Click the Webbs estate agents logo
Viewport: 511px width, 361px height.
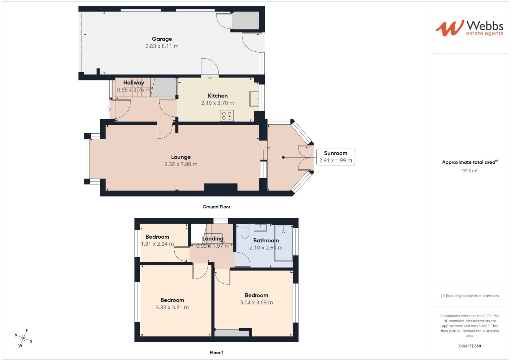[469, 28]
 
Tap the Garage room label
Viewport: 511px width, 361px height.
[162, 39]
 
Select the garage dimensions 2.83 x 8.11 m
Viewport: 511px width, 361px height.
[162, 46]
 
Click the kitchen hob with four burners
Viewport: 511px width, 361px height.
[227, 116]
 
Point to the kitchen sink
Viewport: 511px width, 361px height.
[253, 99]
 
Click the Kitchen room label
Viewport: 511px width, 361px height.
[218, 96]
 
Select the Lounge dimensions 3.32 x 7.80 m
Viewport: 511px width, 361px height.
[181, 164]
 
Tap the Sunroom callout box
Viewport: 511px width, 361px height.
[335, 157]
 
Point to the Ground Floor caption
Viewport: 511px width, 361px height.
[216, 207]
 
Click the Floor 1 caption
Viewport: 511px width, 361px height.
[216, 353]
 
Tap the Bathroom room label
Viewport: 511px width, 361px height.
[266, 241]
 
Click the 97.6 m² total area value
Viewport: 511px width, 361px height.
[470, 171]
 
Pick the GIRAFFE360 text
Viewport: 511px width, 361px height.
[470, 346]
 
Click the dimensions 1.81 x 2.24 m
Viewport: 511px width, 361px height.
[157, 244]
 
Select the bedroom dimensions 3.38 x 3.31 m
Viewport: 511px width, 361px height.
[172, 308]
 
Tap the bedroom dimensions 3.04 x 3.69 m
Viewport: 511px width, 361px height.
[256, 303]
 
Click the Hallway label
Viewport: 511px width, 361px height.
[134, 83]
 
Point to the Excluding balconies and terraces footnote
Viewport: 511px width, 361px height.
[470, 296]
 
